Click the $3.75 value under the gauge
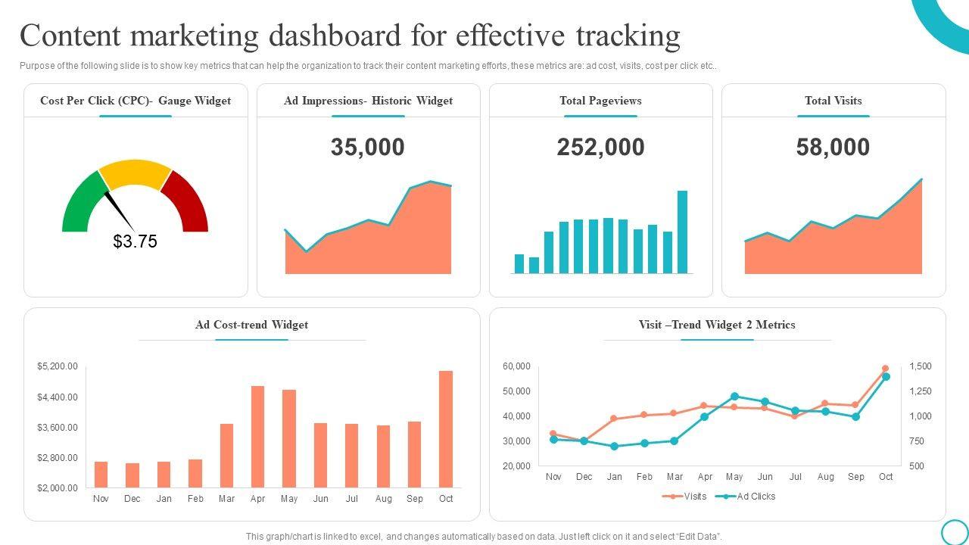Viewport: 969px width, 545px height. pyautogui.click(x=135, y=241)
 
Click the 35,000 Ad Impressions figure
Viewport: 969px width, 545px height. pyautogui.click(x=368, y=147)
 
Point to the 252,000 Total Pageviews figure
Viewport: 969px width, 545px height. pyautogui.click(x=600, y=147)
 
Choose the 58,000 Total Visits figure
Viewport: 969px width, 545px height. pyautogui.click(x=833, y=147)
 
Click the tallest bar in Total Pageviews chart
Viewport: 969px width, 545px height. pyautogui.click(x=682, y=232)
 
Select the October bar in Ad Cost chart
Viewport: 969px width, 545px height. pyautogui.click(x=446, y=428)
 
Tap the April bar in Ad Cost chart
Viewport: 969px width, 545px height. pyautogui.click(x=257, y=436)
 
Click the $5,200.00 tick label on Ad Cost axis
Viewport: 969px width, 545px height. pyautogui.click(x=58, y=366)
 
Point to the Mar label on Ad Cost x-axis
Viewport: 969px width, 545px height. pyautogui.click(x=226, y=499)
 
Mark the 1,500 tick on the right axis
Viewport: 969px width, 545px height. pyautogui.click(x=921, y=366)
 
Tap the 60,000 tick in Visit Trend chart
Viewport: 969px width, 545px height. pyautogui.click(x=516, y=366)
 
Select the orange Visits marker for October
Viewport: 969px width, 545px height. pyautogui.click(x=885, y=369)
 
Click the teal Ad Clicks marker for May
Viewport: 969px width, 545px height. pyautogui.click(x=734, y=396)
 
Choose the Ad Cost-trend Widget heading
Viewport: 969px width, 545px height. pyautogui.click(x=251, y=325)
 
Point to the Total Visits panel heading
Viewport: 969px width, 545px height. pyautogui.click(x=833, y=101)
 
